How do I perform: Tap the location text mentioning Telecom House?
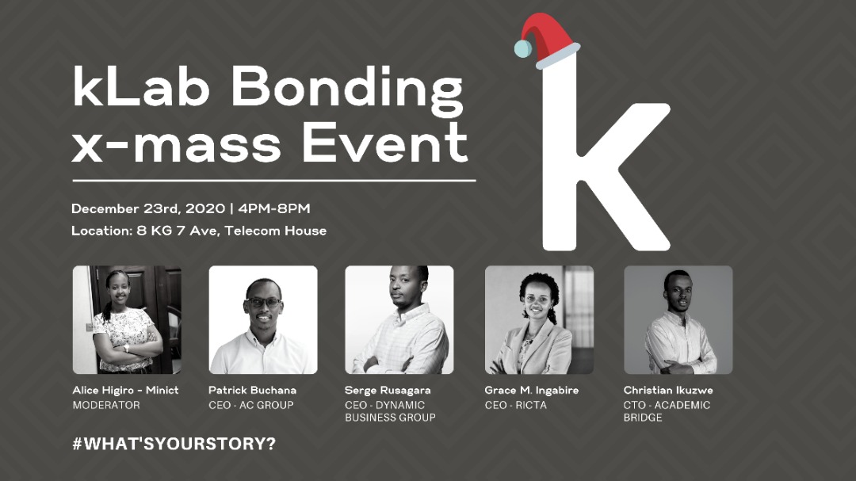point(198,231)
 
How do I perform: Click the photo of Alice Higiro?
point(127,319)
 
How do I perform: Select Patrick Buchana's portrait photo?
point(263,319)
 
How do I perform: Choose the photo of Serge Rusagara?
point(399,319)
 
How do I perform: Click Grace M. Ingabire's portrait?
point(539,319)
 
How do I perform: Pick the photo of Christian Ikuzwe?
point(678,319)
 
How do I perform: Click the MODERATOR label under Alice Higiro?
point(106,405)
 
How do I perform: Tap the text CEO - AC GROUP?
point(250,405)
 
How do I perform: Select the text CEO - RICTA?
point(515,405)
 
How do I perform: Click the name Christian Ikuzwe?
point(668,391)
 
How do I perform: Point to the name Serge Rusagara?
point(388,391)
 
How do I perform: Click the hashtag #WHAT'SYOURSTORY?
point(174,444)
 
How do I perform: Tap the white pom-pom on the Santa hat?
point(522,49)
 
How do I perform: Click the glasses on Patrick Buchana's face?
point(263,302)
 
